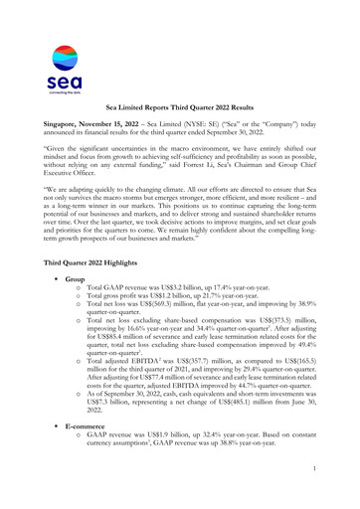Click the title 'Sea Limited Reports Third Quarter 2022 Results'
click(180, 104)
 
